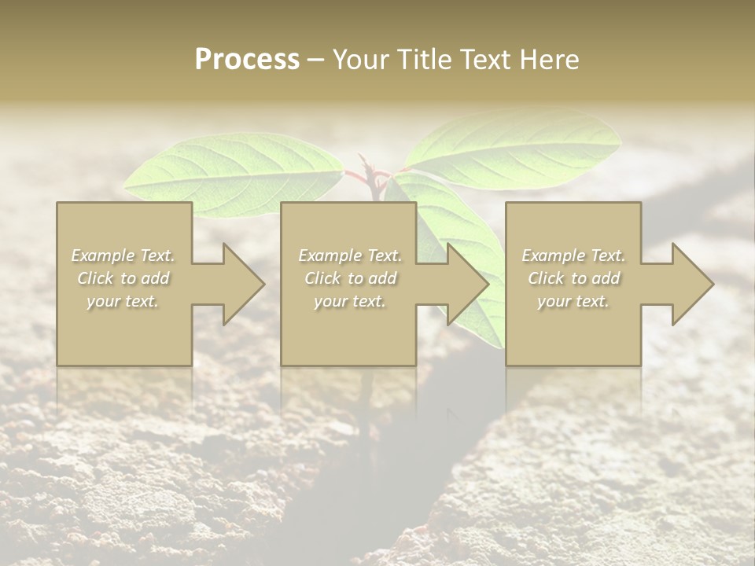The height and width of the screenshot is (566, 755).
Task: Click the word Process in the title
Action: click(247, 60)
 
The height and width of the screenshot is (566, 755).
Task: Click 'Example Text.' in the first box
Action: click(123, 255)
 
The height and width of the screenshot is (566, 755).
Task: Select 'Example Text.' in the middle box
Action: click(349, 255)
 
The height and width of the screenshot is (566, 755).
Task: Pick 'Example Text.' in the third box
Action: click(573, 255)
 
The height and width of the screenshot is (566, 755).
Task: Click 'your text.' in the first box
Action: click(123, 301)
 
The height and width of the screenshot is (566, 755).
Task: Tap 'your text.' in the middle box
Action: click(349, 301)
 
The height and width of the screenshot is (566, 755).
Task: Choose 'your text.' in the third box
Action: click(573, 301)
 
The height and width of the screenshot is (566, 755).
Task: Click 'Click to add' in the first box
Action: click(123, 278)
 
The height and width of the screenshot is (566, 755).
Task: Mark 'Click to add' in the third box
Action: click(573, 278)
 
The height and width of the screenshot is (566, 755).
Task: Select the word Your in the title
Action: click(361, 60)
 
